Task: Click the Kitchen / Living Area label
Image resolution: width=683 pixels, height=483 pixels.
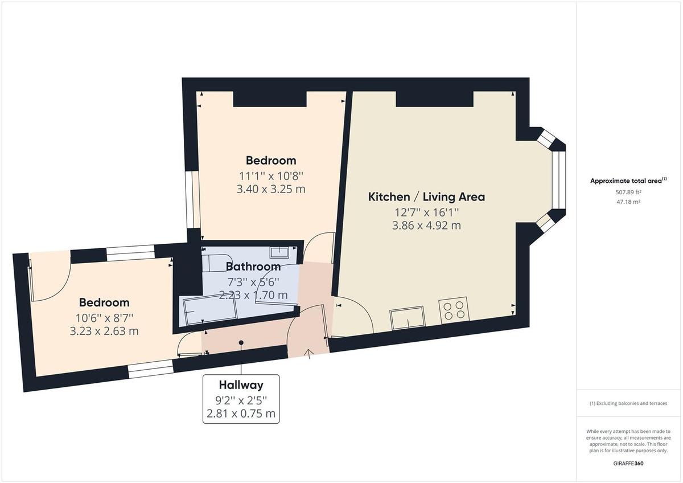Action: click(x=426, y=197)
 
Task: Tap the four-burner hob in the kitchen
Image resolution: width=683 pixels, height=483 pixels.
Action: click(x=453, y=311)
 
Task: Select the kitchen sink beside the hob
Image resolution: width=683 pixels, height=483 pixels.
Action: click(x=407, y=317)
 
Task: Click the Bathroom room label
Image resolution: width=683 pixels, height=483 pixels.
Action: click(x=253, y=267)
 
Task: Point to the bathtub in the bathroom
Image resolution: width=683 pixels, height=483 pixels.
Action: click(x=208, y=312)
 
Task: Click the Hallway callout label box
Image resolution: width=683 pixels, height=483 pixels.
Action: click(x=241, y=399)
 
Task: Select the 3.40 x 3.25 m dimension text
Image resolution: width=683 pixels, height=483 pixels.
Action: click(x=271, y=189)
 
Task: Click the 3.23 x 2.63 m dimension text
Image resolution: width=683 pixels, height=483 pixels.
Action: click(x=104, y=330)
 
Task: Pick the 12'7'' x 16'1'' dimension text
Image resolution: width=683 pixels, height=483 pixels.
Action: click(x=426, y=212)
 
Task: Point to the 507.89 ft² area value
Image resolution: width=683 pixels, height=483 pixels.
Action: click(x=628, y=192)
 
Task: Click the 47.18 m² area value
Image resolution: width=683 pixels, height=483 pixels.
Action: click(x=628, y=202)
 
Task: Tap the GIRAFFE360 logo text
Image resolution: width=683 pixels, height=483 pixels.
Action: click(x=628, y=464)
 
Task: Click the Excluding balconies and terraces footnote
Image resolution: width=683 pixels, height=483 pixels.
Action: click(x=628, y=403)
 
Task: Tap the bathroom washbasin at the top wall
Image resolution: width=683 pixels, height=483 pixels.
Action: click(x=279, y=252)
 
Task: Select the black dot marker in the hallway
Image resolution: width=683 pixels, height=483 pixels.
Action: click(x=241, y=343)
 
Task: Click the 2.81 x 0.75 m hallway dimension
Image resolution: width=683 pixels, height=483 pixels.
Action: click(x=241, y=413)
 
